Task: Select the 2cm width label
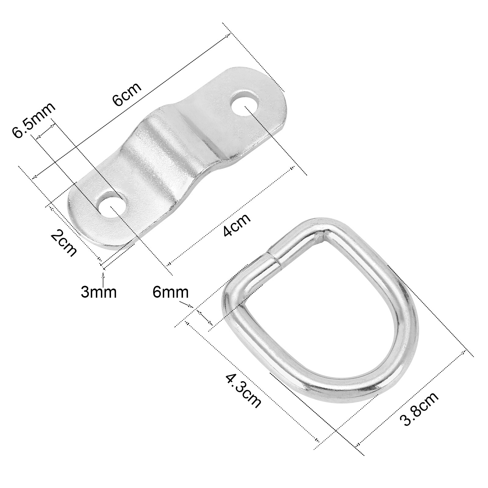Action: coord(64,244)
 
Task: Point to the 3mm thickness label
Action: coord(99,292)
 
